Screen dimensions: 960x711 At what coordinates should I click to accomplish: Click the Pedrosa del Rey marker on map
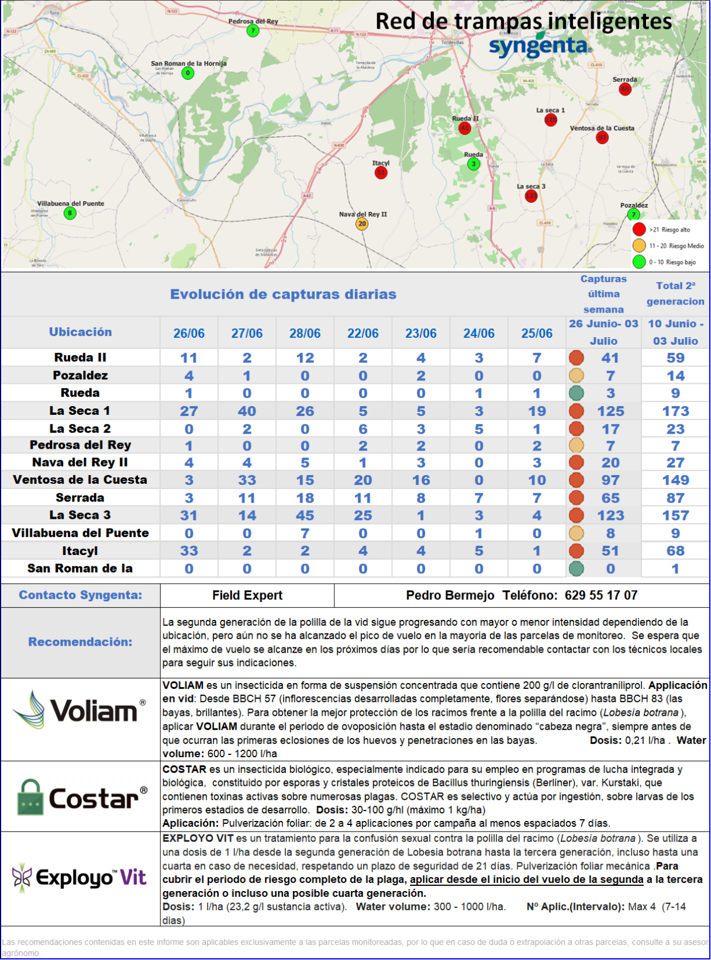tap(253, 30)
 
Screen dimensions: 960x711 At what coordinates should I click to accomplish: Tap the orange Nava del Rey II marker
tap(362, 224)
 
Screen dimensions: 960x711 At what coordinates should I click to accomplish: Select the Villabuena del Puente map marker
tap(70, 213)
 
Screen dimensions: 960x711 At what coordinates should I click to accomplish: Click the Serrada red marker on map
tap(625, 89)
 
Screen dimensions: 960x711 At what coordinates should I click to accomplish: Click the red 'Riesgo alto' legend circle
tap(639, 230)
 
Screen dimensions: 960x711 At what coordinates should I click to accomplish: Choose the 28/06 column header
tap(305, 333)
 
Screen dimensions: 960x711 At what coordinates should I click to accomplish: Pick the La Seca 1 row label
tap(80, 411)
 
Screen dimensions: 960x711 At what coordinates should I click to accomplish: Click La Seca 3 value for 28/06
tap(305, 515)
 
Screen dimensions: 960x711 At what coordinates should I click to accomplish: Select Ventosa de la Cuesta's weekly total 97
tap(610, 480)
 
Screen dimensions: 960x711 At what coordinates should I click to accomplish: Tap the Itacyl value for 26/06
tap(189, 551)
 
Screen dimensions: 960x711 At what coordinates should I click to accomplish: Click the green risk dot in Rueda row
tap(577, 393)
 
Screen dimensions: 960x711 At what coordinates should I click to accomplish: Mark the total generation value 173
tap(675, 411)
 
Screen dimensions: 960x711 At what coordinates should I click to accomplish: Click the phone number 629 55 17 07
tap(601, 595)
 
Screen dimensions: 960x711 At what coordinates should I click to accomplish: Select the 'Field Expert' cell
tap(247, 595)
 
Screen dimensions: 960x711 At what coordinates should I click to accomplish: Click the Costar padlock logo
tap(30, 798)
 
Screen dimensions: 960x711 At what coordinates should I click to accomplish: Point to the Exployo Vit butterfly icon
tap(22, 877)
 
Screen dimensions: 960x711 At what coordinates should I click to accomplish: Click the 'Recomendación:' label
tap(80, 642)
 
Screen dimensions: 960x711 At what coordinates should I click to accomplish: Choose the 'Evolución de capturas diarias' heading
tap(283, 294)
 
